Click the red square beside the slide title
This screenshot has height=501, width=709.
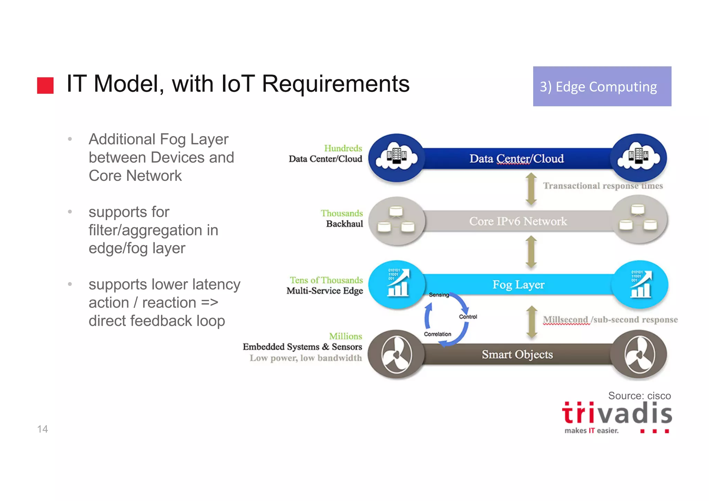pos(45,86)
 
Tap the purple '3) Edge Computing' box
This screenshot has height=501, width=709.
pos(602,87)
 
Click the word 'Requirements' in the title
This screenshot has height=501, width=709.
pos(335,84)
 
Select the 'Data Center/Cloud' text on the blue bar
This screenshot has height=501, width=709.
pos(516,159)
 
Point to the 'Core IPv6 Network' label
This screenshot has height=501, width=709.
pos(518,221)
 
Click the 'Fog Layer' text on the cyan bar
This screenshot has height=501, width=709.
pos(518,285)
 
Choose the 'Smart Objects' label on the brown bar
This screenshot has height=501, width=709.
pos(517,355)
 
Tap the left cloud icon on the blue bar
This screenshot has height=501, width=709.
pos(396,158)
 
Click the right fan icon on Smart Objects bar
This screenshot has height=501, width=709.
pos(639,355)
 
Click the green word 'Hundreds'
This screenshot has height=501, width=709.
pos(343,148)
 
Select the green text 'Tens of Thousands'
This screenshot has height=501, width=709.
pos(326,280)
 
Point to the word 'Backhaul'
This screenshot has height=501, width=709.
pos(344,224)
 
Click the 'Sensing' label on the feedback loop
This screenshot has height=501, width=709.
pos(439,295)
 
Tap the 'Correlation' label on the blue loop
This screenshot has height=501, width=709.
pos(437,334)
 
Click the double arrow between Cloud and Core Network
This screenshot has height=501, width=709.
pos(531,189)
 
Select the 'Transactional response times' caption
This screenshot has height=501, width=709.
pos(603,186)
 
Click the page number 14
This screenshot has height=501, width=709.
pos(42,429)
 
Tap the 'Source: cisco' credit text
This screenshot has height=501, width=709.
pos(639,396)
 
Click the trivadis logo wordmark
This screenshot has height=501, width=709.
pos(617,414)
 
